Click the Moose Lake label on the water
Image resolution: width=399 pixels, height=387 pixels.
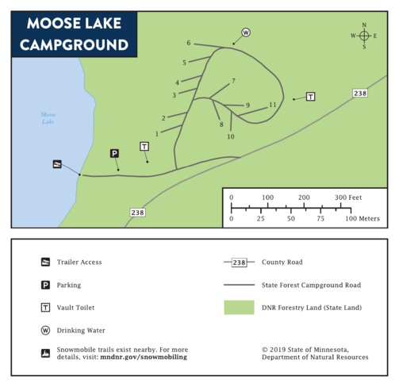(x=48, y=118)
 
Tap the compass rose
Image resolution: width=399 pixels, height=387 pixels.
(x=364, y=35)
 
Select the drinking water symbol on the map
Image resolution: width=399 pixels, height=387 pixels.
(x=246, y=33)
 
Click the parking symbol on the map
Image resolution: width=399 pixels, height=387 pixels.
(x=114, y=154)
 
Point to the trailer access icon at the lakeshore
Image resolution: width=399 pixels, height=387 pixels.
(x=57, y=164)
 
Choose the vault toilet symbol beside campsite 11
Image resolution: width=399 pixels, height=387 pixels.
(x=310, y=97)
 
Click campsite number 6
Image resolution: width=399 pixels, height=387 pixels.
(x=189, y=43)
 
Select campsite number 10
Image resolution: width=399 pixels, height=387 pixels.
(x=231, y=136)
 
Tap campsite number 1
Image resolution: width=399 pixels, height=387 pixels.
(x=157, y=133)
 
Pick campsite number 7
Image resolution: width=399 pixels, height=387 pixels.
(x=233, y=81)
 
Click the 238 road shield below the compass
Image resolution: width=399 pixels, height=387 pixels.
(x=360, y=94)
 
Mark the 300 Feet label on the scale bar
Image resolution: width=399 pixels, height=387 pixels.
(x=347, y=197)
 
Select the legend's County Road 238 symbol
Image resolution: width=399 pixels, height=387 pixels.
(x=240, y=262)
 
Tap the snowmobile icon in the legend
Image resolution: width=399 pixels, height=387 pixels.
(x=46, y=352)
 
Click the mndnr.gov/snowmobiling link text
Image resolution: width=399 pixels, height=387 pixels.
(x=149, y=357)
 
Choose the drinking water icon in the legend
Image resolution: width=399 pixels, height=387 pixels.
(x=46, y=330)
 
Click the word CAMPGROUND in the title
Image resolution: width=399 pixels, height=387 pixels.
(x=74, y=44)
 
